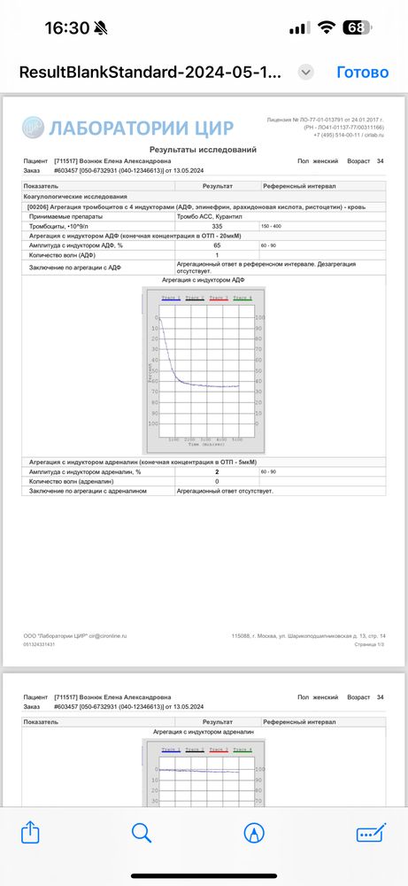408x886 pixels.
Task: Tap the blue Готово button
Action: click(363, 72)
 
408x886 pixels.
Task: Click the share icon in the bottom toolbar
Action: click(30, 833)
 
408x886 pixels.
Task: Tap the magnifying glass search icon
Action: click(142, 833)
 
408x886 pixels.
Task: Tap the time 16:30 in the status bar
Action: click(67, 27)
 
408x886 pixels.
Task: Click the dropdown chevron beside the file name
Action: click(306, 72)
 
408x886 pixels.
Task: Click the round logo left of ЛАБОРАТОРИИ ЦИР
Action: click(32, 126)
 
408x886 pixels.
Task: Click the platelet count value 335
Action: click(217, 226)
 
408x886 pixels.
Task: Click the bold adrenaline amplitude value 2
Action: click(217, 472)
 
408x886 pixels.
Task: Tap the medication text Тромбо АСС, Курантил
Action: click(209, 216)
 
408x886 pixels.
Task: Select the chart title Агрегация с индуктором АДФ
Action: click(204, 279)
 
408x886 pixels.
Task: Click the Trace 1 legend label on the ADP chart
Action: click(171, 298)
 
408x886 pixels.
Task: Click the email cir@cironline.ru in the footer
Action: click(107, 635)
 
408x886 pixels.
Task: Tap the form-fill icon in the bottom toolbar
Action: click(371, 833)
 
